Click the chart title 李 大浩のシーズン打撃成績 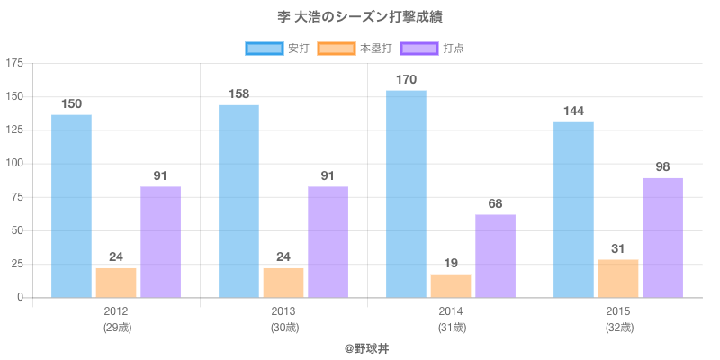click(360, 17)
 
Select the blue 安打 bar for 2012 click(71, 206)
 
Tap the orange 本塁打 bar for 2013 click(283, 283)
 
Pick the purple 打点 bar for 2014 click(495, 256)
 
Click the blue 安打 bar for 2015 click(573, 210)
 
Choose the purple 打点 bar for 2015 click(662, 238)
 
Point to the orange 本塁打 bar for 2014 click(451, 285)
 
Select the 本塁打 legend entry click(358, 48)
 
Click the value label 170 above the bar click(406, 80)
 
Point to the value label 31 click(618, 248)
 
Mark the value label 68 click(495, 203)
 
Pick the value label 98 click(662, 167)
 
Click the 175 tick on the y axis click(14, 63)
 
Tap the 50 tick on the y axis click(18, 230)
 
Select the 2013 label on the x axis click(283, 311)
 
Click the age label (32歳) click(618, 328)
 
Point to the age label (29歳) click(116, 328)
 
